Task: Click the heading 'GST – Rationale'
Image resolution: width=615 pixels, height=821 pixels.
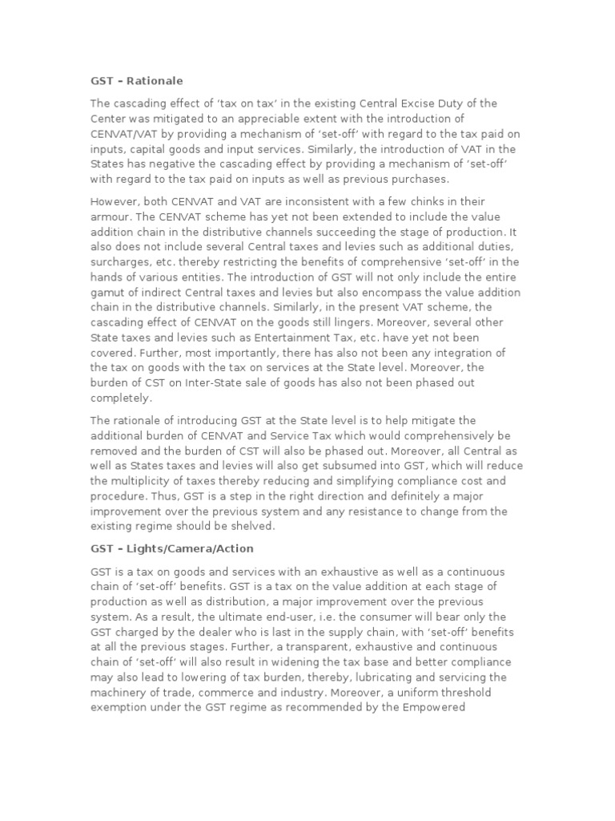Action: (136, 81)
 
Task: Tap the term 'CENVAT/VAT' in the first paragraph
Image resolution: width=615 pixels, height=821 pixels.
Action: (126, 133)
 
